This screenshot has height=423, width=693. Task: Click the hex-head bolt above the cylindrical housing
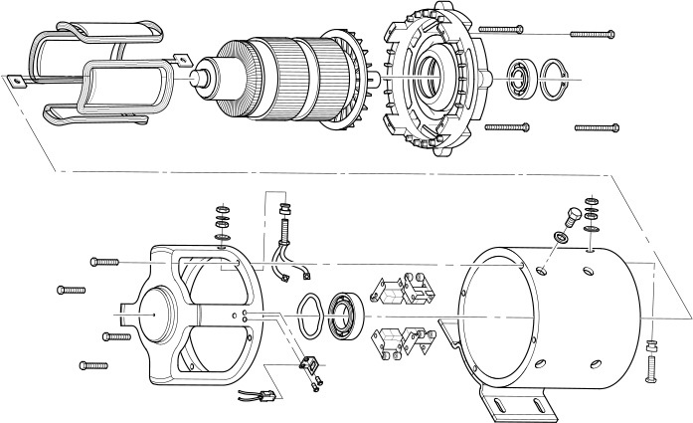click(572, 215)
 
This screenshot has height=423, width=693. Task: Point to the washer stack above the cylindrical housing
click(593, 212)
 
